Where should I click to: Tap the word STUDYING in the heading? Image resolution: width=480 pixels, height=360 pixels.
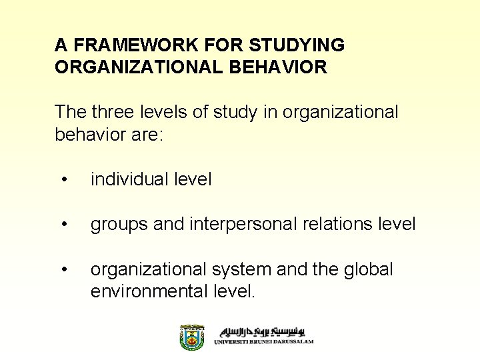[297, 45]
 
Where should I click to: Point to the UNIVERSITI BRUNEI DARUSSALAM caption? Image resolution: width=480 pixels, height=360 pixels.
[263, 342]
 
